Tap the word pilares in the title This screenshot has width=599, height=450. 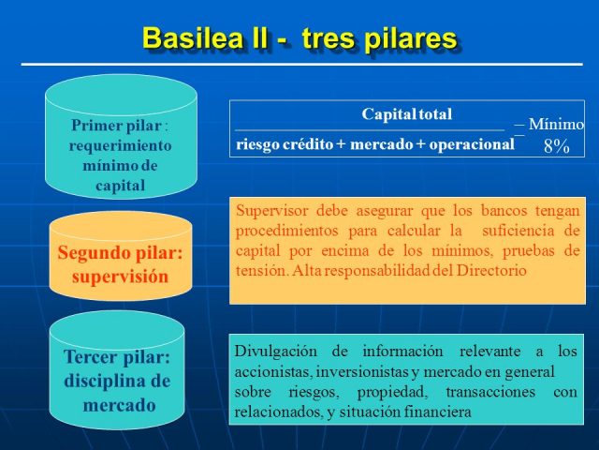[x=412, y=38]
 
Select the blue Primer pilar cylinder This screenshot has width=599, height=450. [x=121, y=141]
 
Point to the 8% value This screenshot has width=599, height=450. [x=557, y=146]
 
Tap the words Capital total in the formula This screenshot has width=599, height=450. [x=406, y=114]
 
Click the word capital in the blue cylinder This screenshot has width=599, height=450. [x=120, y=186]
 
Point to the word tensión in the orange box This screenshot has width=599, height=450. [x=262, y=270]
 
